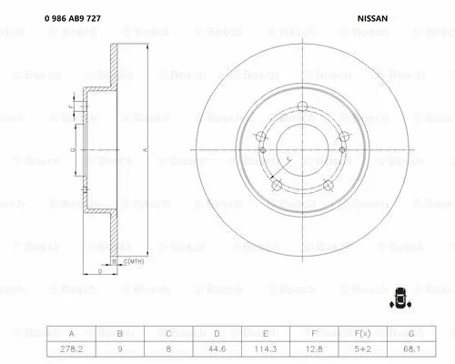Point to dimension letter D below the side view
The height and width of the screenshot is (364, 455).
tap(99, 271)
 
